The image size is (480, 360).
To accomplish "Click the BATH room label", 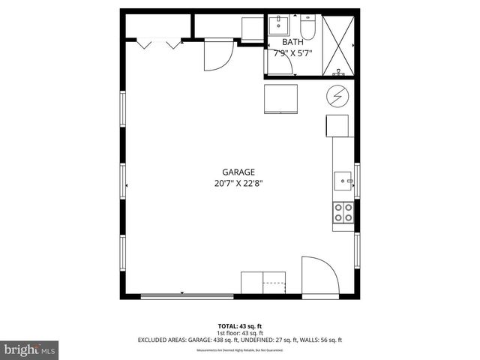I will point(292,43).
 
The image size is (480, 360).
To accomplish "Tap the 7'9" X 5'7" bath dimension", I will point(292,54).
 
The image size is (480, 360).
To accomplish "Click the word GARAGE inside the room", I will point(238,171).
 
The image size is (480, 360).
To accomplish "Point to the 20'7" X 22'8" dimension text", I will point(238,182).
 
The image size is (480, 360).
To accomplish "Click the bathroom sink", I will point(281,25).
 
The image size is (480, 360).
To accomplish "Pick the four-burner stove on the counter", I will point(343,213).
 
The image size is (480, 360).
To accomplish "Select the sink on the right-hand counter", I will point(343,181).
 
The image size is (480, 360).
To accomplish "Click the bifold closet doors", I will point(158,44).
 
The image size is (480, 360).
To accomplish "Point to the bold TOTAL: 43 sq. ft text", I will point(240,325).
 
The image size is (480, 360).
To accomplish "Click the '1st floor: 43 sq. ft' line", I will point(240,332).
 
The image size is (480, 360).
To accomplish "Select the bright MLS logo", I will point(29,349).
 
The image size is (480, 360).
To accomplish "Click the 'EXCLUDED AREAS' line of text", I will point(240,340).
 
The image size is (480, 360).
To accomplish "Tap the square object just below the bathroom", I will point(281,98).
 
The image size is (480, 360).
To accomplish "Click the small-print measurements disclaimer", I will point(240,350).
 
